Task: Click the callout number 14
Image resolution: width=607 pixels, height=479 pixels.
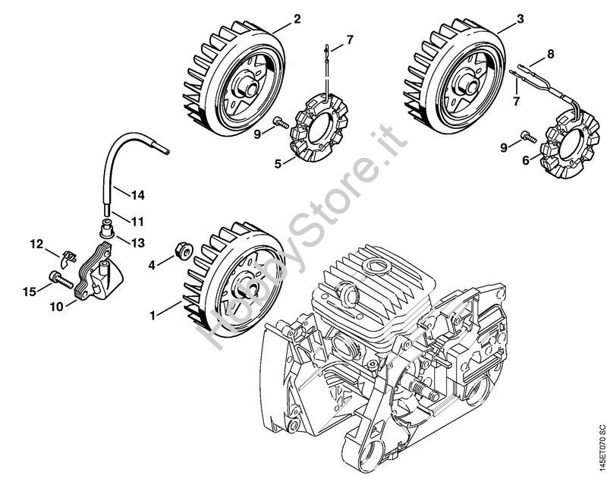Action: tap(137, 195)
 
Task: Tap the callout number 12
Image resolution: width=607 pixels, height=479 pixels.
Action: tap(37, 244)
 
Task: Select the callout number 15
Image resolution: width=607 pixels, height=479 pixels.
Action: tap(30, 291)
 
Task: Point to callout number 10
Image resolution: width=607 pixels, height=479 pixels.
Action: tap(56, 307)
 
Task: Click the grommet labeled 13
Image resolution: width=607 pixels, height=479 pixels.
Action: tap(106, 228)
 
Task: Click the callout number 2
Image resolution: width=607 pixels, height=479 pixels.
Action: tap(297, 19)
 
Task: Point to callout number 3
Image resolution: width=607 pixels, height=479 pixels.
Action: tap(520, 18)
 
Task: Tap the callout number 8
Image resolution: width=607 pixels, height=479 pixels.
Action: tap(551, 53)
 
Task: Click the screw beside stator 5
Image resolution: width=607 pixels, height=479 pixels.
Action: tap(280, 122)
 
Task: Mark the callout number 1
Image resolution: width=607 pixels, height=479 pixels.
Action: tap(153, 316)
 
